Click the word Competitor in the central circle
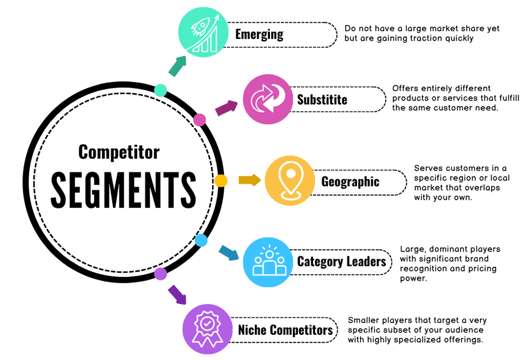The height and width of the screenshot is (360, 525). [x=119, y=152]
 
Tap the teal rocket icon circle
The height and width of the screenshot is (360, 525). [x=203, y=33]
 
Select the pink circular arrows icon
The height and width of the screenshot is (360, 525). [x=267, y=100]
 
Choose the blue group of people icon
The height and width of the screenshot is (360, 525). [x=268, y=262]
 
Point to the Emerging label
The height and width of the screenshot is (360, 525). [x=259, y=35]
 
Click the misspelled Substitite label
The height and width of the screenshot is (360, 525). [x=322, y=100]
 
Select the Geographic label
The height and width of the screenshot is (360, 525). [x=350, y=182]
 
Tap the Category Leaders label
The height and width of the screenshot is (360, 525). [x=341, y=261]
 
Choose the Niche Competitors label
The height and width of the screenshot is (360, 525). [x=285, y=330]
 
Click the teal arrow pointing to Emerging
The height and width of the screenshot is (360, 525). [x=177, y=66]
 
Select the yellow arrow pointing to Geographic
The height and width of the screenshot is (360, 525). [x=249, y=180]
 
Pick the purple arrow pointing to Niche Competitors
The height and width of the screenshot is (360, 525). [x=177, y=294]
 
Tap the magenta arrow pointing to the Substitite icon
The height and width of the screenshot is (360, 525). [x=227, y=107]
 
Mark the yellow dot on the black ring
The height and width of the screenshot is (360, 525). [x=221, y=181]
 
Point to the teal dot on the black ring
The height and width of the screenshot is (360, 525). [x=160, y=90]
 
